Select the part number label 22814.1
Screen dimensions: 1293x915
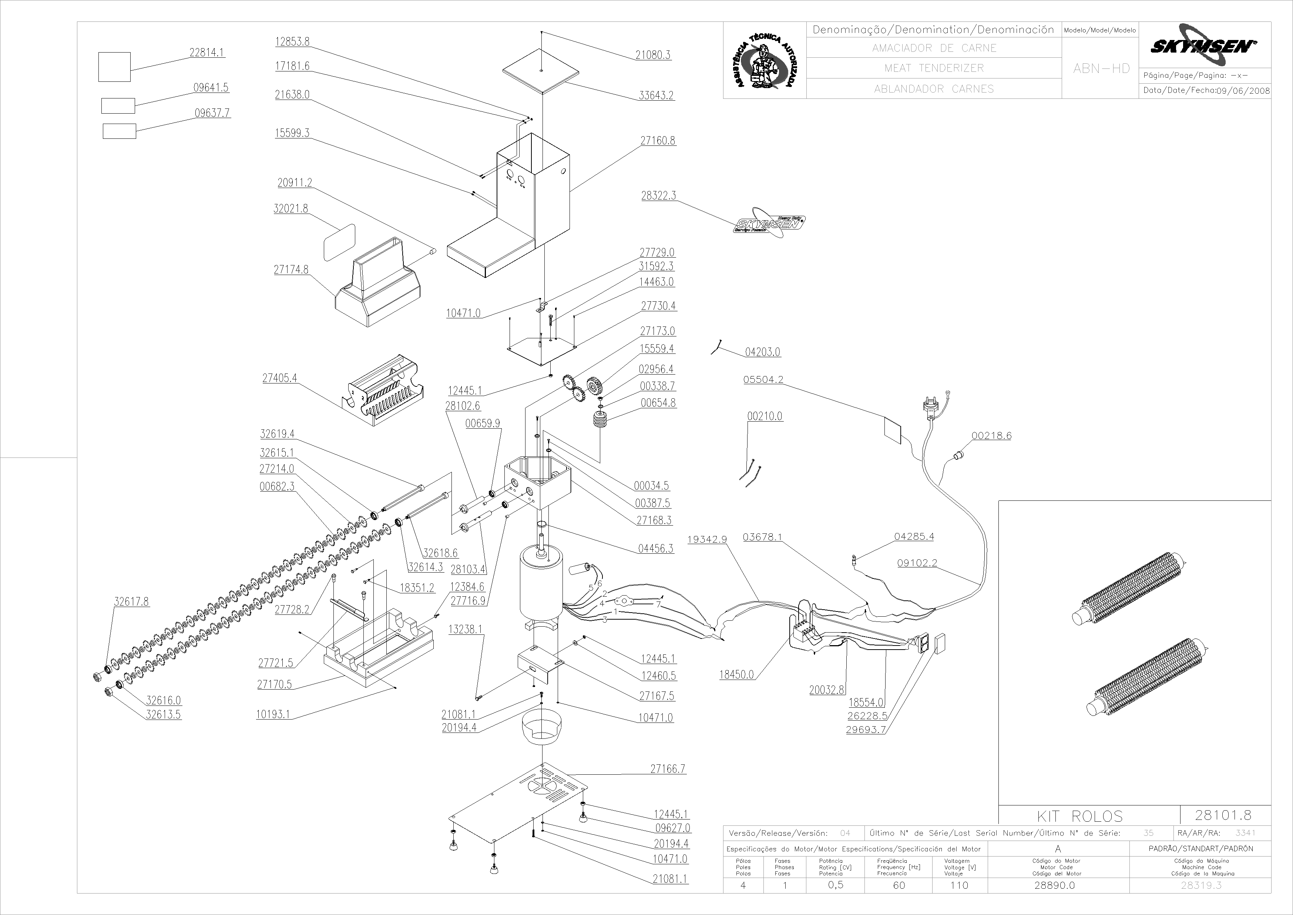click(x=206, y=53)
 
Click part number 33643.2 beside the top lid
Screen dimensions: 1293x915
click(x=656, y=95)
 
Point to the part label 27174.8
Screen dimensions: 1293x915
click(x=291, y=270)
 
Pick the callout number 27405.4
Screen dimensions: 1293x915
click(x=279, y=378)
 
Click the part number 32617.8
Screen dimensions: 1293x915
click(x=132, y=602)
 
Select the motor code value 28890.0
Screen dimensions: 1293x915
click(x=1054, y=885)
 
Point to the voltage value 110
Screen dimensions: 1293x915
click(x=959, y=885)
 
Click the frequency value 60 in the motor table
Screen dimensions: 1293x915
click(x=899, y=885)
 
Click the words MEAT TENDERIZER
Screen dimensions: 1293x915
click(x=934, y=68)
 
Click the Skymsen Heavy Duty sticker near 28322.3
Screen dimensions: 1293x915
click(x=769, y=224)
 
